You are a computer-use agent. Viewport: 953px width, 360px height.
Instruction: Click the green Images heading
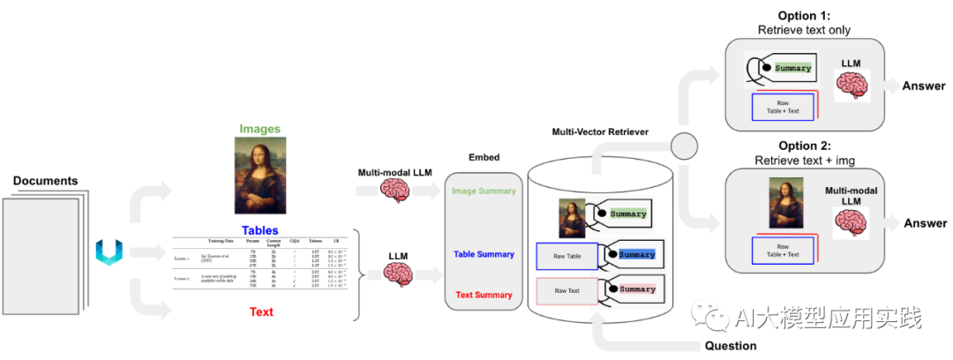(x=259, y=129)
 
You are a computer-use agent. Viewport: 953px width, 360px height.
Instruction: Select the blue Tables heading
(x=260, y=230)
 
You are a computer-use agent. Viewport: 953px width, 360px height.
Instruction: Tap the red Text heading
(x=261, y=311)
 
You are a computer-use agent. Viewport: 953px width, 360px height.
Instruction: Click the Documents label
(x=46, y=181)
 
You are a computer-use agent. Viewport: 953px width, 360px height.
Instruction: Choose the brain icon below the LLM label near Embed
(x=398, y=276)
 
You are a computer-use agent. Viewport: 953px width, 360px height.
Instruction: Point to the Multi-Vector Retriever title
(x=589, y=131)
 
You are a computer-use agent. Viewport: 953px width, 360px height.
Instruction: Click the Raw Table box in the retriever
(x=567, y=256)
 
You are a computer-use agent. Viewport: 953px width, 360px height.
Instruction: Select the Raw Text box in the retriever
(x=567, y=290)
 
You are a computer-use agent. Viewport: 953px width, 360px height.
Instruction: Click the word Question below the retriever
(x=731, y=345)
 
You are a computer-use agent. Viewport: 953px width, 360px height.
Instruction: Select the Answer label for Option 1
(x=924, y=86)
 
